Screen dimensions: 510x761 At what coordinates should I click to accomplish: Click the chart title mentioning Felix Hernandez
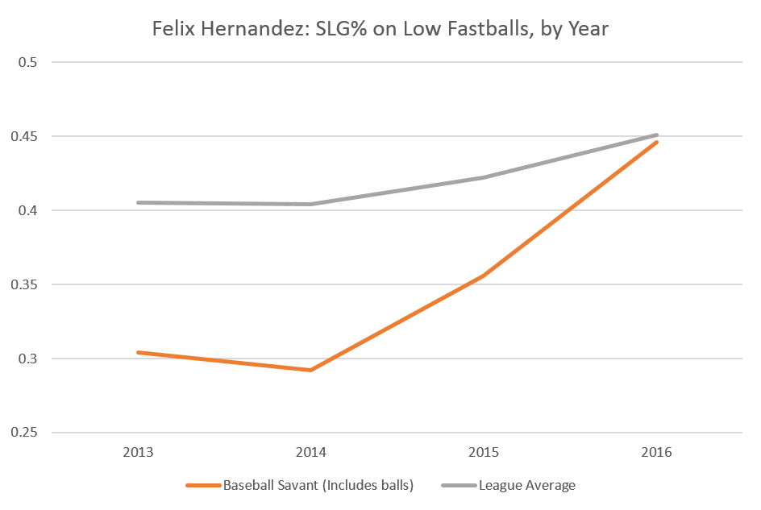coord(380,30)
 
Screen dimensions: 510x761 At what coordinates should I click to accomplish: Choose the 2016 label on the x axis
coord(656,452)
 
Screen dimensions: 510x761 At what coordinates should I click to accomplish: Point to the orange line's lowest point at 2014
coord(310,370)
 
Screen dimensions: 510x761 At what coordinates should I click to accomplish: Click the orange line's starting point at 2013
coord(138,352)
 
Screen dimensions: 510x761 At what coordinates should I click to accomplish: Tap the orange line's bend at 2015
coord(483,276)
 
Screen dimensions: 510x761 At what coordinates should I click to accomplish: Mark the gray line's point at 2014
coord(310,204)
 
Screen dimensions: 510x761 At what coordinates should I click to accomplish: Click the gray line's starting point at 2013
coord(138,203)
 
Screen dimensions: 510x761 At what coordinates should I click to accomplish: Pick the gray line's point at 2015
coord(483,177)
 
